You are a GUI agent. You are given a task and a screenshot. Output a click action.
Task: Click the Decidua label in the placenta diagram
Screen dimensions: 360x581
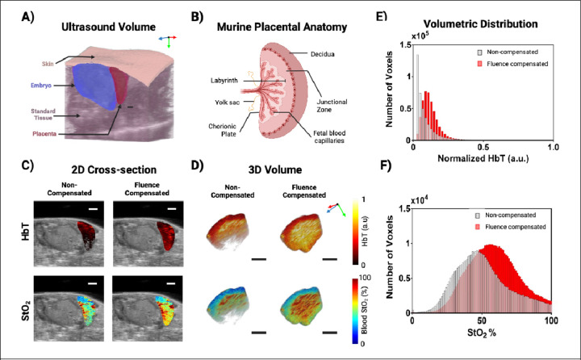coord(326,54)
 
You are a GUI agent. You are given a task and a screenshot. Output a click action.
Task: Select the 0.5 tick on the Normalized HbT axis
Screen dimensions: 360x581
coord(483,148)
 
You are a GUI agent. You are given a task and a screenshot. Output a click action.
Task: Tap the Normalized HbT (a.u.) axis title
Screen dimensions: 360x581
coord(483,160)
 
